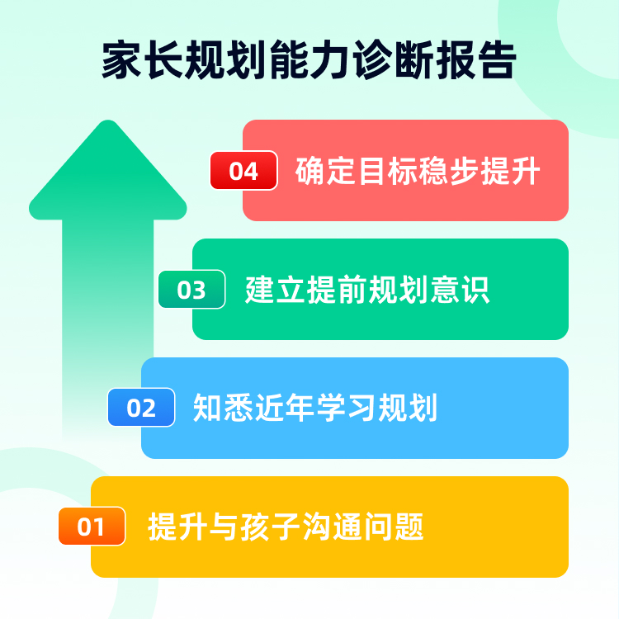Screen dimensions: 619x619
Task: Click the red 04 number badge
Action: pos(243,171)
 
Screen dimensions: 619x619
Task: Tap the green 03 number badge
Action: pos(191,290)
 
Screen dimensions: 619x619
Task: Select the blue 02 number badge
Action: pos(141,408)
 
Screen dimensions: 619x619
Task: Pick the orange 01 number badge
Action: pos(91,527)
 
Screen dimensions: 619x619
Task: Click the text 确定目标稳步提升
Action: pos(418,171)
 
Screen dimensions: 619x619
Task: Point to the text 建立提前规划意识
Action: pos(367,290)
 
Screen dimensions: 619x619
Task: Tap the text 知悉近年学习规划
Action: pos(315,408)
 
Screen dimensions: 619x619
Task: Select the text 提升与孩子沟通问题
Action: pos(286,527)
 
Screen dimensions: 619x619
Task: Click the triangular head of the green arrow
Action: pos(107,173)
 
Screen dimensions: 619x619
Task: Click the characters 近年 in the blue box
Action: pos(286,408)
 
